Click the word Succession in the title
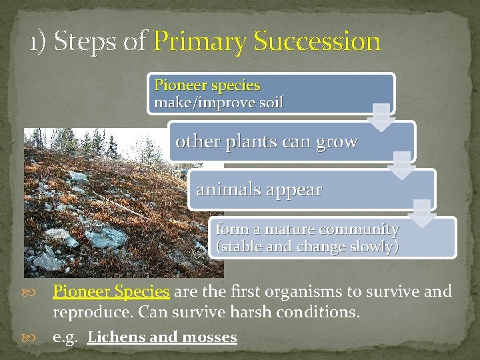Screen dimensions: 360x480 [x=317, y=41]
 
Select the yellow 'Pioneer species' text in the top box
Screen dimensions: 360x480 [x=207, y=85]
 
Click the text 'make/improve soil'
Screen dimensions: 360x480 [x=219, y=103]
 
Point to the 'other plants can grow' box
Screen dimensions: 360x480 [x=267, y=142]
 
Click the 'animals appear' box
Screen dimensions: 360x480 [x=259, y=190]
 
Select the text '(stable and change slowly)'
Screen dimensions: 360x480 [x=307, y=246]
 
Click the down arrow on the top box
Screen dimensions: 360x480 [x=381, y=116]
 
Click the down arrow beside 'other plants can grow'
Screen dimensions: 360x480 [x=401, y=165]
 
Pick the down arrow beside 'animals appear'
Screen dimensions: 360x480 [x=421, y=213]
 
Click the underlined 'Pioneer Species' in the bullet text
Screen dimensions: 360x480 [x=111, y=291]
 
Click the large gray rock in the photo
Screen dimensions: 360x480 [x=105, y=235]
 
